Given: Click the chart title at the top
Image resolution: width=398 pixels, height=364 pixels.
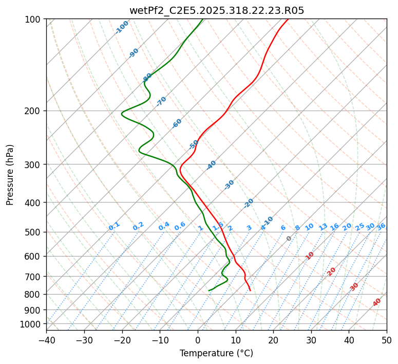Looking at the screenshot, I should click(x=217, y=10).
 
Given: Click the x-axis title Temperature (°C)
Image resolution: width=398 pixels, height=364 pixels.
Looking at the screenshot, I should click(x=216, y=353).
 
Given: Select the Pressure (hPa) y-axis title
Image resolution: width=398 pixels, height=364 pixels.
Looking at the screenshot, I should click(x=10, y=175).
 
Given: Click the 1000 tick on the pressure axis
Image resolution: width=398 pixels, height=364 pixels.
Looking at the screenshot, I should click(x=32, y=324).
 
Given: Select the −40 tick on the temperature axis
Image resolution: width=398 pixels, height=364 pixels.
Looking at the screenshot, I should click(x=46, y=340).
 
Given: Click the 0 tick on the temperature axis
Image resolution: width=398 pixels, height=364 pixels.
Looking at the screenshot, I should click(x=198, y=340).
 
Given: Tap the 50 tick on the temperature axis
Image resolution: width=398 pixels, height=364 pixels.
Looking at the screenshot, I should click(x=387, y=340).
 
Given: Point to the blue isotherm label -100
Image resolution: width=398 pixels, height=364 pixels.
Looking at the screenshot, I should click(x=122, y=27).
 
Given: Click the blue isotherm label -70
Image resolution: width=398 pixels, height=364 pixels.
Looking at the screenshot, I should click(x=162, y=101).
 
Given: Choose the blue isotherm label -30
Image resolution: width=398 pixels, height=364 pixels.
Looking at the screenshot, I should click(x=229, y=184).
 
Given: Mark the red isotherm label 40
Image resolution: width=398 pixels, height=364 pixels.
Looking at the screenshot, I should click(x=377, y=302).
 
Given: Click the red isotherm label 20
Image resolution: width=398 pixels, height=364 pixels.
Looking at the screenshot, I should click(x=331, y=271).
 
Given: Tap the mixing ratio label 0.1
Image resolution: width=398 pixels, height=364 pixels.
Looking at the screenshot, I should click(x=114, y=226).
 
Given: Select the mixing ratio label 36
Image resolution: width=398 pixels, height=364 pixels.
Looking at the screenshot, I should click(x=381, y=227).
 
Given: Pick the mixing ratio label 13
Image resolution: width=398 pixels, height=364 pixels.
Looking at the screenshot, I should click(x=323, y=227).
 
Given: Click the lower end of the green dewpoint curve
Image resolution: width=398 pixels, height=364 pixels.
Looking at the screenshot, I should click(x=209, y=290).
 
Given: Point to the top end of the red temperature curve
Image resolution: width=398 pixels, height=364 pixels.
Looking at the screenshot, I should click(x=288, y=19).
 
